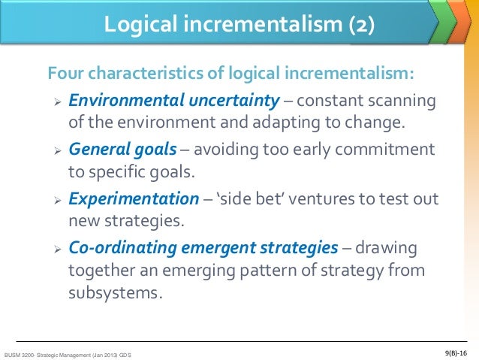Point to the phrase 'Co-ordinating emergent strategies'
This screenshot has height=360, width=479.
(x=203, y=247)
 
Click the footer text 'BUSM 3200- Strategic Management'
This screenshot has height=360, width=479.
(x=47, y=354)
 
